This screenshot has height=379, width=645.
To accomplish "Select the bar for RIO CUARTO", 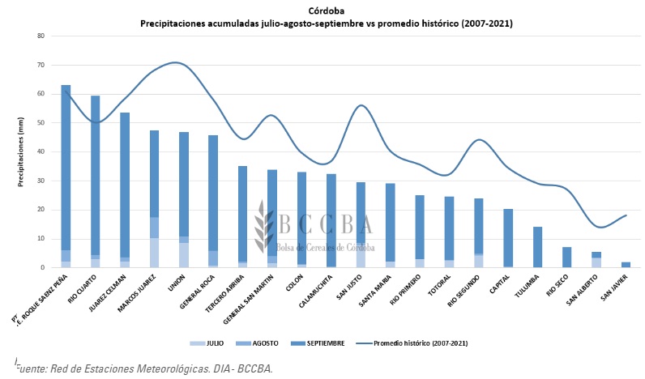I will click(x=96, y=178).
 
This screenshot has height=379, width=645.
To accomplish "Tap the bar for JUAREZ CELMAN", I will click(x=125, y=186).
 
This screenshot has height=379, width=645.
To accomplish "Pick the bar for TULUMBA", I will click(x=537, y=247).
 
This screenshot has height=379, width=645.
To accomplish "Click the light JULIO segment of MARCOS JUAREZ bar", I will click(x=154, y=253).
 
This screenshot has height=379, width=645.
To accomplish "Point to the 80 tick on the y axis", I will click(x=40, y=36).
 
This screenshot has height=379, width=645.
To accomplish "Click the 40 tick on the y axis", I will click(x=40, y=152).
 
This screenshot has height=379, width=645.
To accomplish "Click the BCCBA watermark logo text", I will click(x=324, y=224).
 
